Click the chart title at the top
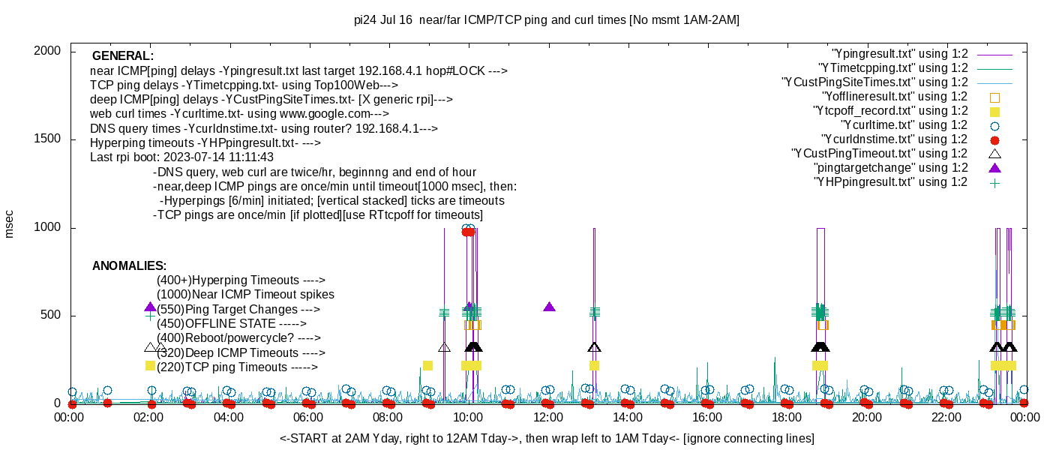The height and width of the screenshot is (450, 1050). coord(547,20)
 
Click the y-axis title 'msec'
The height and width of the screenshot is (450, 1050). coord(10,223)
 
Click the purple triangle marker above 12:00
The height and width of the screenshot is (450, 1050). coord(549,307)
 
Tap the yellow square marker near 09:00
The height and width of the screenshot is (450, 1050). coord(427,365)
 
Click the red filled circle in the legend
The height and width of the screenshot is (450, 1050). coord(995,139)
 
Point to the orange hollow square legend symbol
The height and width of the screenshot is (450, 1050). coord(995,97)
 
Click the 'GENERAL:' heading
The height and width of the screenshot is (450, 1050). coord(123,56)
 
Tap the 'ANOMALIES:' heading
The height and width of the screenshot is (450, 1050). coord(129,266)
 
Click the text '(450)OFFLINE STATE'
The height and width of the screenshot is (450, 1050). coord(216,324)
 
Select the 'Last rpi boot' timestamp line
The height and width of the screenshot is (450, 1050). coord(181,157)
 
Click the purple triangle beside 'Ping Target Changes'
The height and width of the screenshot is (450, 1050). coord(150,307)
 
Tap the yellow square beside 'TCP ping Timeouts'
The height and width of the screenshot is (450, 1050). coord(150,365)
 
